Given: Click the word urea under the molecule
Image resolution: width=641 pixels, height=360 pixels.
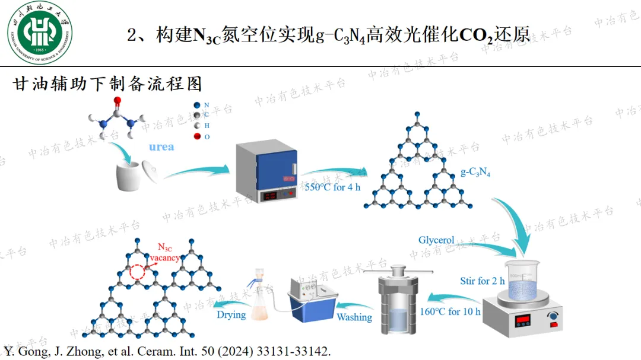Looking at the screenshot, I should [x=161, y=146].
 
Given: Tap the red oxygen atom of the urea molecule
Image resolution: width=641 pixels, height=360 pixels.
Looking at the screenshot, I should [x=118, y=101].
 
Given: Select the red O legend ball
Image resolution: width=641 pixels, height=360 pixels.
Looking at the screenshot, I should [x=196, y=136].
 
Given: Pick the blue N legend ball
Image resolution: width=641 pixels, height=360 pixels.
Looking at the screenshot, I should [x=196, y=105].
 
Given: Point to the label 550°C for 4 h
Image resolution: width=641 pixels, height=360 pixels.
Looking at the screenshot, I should [x=332, y=188].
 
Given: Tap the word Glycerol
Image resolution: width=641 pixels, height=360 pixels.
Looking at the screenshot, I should [x=436, y=240].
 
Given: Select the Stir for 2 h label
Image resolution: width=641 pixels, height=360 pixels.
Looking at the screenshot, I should [x=483, y=281].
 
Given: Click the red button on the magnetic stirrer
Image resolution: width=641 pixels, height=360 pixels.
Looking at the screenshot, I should [x=554, y=324].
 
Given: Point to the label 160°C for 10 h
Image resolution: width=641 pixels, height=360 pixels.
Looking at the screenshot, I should [x=450, y=311].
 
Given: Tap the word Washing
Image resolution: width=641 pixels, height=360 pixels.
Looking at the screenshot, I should [x=354, y=317].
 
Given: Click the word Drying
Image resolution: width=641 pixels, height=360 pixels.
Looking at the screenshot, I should [x=231, y=314].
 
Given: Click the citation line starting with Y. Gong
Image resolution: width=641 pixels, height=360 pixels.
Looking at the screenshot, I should [x=167, y=351].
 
